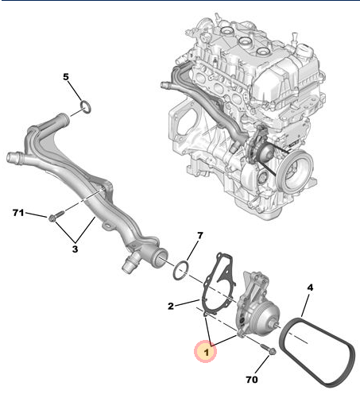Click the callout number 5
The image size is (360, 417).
click(x=67, y=77)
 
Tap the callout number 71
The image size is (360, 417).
click(x=19, y=213)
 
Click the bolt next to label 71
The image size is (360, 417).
click(x=54, y=215)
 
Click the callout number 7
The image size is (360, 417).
click(x=199, y=236)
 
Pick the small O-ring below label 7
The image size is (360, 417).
click(x=181, y=271)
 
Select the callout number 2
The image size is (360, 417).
click(x=170, y=306)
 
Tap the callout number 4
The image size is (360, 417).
click(x=311, y=286)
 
